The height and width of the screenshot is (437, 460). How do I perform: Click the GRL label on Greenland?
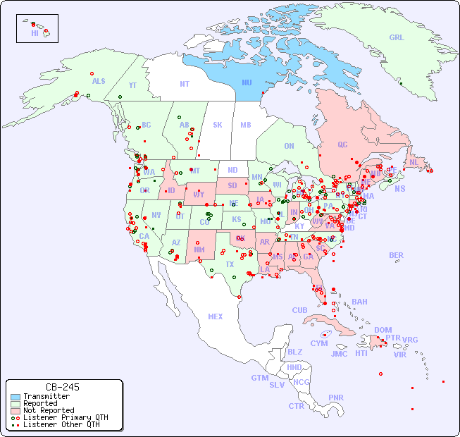click(397, 38)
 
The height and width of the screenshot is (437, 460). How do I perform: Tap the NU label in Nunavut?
click(247, 82)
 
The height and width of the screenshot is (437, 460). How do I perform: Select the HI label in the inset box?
click(35, 33)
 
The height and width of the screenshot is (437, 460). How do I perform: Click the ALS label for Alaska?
click(99, 81)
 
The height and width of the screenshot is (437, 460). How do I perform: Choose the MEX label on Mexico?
click(216, 316)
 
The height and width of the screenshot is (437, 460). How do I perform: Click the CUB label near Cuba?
click(299, 310)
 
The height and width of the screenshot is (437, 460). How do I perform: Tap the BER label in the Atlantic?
click(396, 255)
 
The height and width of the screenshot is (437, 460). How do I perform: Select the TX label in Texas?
click(229, 264)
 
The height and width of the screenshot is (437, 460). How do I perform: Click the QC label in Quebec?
click(342, 144)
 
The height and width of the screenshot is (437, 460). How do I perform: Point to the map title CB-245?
click(63, 387)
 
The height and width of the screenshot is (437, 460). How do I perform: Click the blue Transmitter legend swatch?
click(15, 397)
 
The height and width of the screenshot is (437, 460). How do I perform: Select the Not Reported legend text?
click(49, 410)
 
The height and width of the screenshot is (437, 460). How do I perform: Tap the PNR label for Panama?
click(336, 398)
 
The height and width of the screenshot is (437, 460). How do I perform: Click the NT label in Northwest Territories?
click(185, 83)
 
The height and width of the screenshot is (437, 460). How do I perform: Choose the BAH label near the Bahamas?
click(359, 302)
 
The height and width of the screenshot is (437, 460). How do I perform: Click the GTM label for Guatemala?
click(259, 378)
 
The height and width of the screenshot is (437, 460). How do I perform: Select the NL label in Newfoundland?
click(414, 161)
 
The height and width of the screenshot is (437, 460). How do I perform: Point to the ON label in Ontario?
click(289, 146)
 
